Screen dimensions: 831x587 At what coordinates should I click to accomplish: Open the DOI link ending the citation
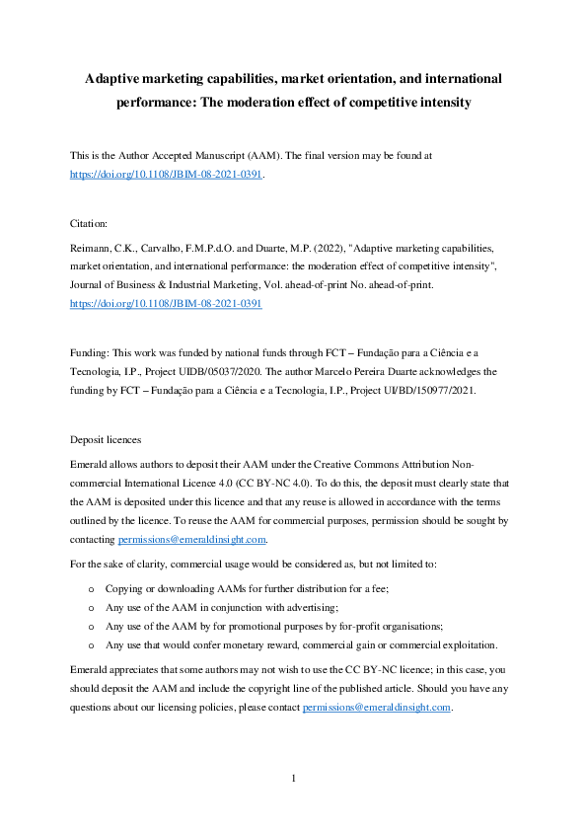point(166,305)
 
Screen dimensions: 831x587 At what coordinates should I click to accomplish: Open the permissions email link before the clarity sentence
point(191,540)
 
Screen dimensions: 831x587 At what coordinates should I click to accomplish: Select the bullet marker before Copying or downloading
point(91,588)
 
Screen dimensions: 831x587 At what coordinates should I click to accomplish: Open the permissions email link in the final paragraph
point(377,707)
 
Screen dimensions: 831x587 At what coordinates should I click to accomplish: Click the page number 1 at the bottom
point(294,779)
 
